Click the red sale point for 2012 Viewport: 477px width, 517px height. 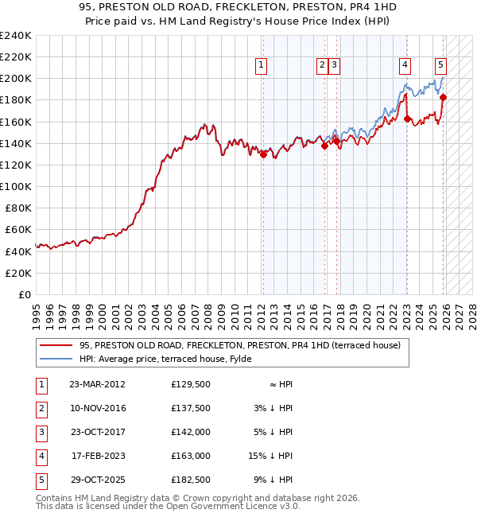[263, 155]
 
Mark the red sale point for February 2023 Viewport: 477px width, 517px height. [407, 119]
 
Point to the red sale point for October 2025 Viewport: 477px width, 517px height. [444, 98]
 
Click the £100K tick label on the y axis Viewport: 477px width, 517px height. [15, 186]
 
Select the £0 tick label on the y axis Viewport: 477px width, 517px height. [23, 294]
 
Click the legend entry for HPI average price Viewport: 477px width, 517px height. [165, 359]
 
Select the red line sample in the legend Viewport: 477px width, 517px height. [56, 345]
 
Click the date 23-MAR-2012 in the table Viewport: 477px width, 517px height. [97, 384]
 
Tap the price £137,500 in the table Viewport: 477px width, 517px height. [191, 408]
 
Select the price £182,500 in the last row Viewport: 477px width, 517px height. [191, 480]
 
